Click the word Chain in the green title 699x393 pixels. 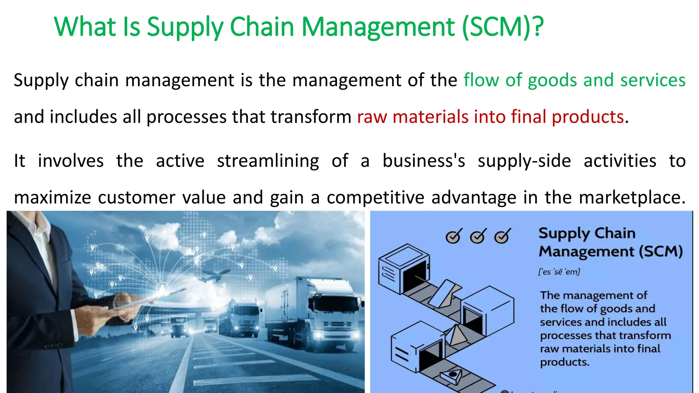[x=262, y=27]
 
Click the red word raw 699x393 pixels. [x=372, y=117]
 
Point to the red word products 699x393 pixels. [x=588, y=117]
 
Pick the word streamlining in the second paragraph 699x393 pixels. [x=268, y=161]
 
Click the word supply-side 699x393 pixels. [x=524, y=161]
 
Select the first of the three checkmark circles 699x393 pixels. [x=454, y=236]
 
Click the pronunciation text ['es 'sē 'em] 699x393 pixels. [x=559, y=272]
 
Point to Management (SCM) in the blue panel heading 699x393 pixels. [x=610, y=252]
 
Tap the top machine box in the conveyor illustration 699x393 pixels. [x=404, y=268]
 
